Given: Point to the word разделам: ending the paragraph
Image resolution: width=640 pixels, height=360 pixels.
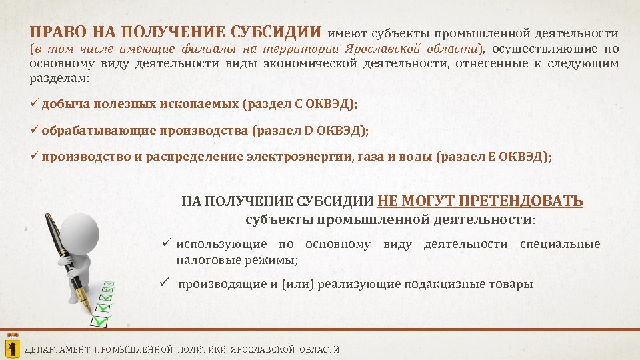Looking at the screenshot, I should pos(59,78).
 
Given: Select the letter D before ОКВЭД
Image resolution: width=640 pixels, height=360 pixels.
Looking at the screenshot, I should pos(309,130).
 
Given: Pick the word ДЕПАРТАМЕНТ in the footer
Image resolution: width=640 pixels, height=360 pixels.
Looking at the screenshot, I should pos(57,349).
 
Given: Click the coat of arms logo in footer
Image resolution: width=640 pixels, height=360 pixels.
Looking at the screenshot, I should pos(12,346).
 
